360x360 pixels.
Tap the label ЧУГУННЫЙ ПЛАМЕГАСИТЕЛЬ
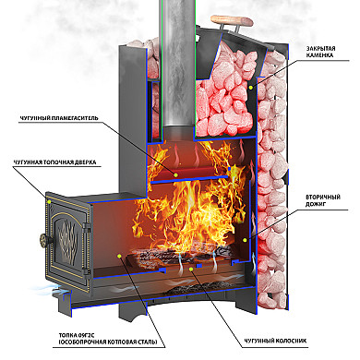pyautogui.click(x=59, y=118)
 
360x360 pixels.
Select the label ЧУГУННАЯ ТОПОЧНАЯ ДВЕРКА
pyautogui.click(x=54, y=162)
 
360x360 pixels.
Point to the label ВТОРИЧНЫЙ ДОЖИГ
pyautogui.click(x=323, y=200)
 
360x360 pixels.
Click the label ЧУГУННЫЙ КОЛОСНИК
pyautogui.click(x=275, y=341)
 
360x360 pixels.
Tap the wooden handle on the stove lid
pyautogui.click(x=232, y=21)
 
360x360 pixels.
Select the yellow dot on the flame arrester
pyautogui.click(x=175, y=174)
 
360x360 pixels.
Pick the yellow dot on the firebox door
pyautogui.click(x=49, y=202)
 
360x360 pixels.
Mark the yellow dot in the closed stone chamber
pyautogui.click(x=251, y=88)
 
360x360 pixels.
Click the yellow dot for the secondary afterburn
pyautogui.click(x=245, y=240)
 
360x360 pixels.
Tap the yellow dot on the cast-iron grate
pyautogui.click(x=191, y=270)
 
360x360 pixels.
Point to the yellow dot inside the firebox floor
pyautogui.click(x=119, y=256)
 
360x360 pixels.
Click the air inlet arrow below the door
pyautogui.click(x=46, y=289)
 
